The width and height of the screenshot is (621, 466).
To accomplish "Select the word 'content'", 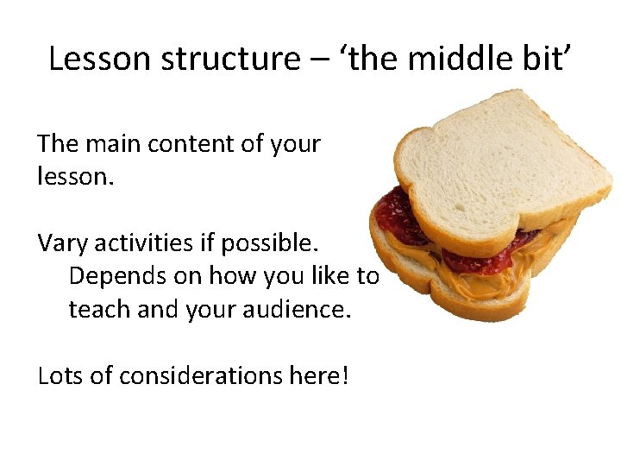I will click(x=191, y=144).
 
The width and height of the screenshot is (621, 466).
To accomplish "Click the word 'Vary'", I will click(x=62, y=243).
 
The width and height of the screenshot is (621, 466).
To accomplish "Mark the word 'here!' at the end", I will click(x=318, y=375).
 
